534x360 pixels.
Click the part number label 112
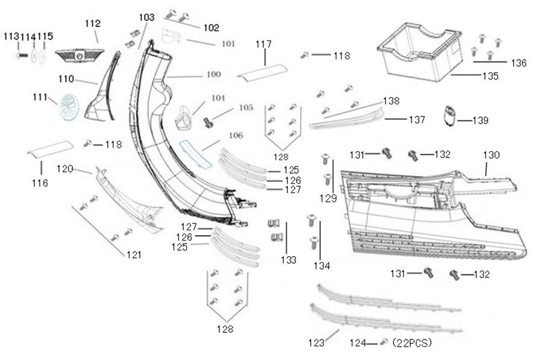[x=92, y=24]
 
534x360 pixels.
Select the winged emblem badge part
[x=79, y=55]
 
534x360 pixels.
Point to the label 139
[x=480, y=121]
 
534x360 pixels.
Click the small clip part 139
[x=450, y=116]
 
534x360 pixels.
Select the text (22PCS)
[x=412, y=343]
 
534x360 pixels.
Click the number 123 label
[x=316, y=343]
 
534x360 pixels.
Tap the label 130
[x=491, y=155]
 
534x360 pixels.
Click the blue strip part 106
[x=193, y=152]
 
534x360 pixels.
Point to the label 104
[x=218, y=98]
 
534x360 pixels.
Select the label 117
[x=263, y=44]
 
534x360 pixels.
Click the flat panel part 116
[x=51, y=148]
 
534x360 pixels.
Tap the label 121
[x=134, y=255]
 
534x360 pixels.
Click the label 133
[x=288, y=260]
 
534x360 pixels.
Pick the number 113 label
[x=11, y=36]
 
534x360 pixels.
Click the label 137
[x=416, y=120]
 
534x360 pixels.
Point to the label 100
[x=213, y=75]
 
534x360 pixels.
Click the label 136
[x=518, y=62]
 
